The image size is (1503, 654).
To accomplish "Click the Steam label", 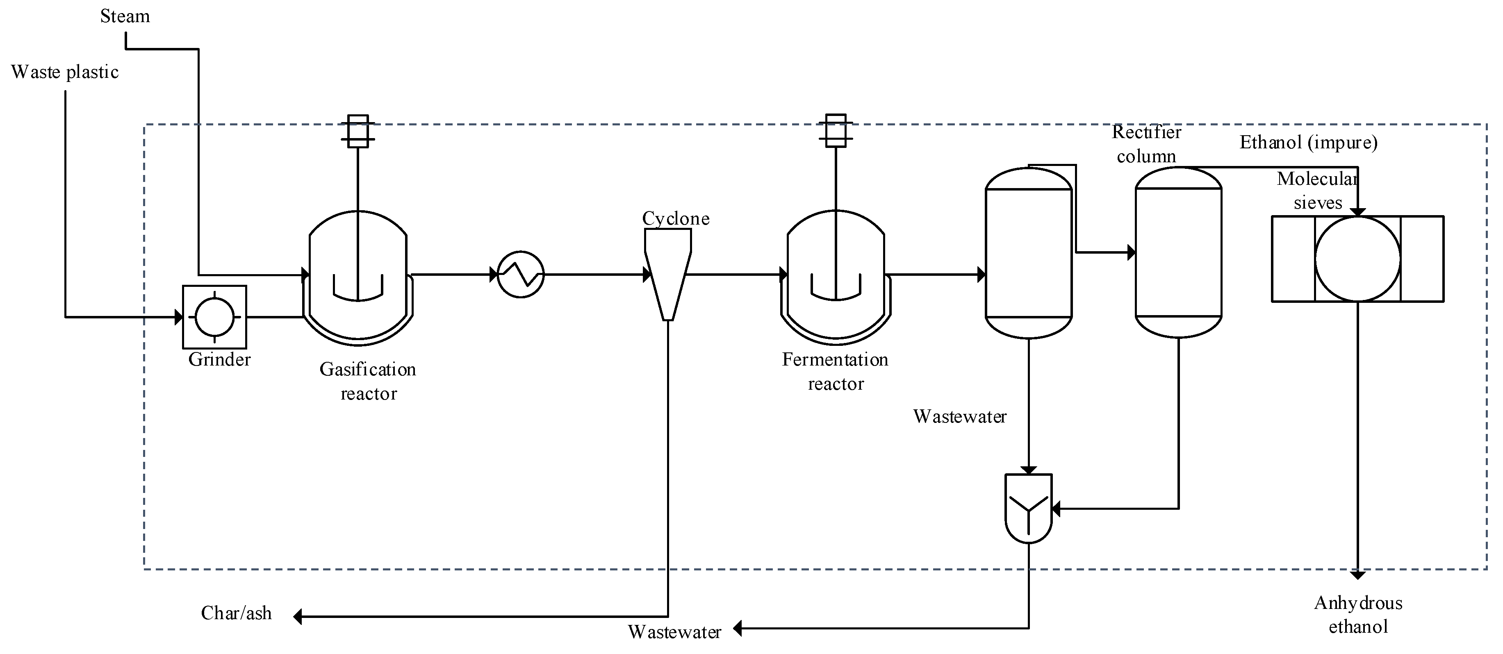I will (x=125, y=16).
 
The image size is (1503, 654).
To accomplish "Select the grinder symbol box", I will (x=215, y=317).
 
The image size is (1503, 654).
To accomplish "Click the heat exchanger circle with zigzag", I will (x=520, y=274).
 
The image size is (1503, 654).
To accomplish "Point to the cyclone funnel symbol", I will (x=668, y=274).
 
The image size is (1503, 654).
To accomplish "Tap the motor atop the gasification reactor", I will (x=358, y=131).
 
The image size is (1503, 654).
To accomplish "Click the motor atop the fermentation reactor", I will (x=836, y=131).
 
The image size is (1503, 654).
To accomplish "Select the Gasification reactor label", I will (x=368, y=381).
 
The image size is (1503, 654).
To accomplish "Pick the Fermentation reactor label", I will (x=836, y=372).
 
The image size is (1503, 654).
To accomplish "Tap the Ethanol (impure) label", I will (x=1308, y=142).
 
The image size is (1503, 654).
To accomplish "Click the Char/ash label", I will (x=236, y=613).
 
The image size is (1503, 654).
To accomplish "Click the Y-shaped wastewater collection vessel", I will (x=1028, y=508).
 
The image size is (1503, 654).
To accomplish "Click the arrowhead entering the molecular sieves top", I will (x=1358, y=212).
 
